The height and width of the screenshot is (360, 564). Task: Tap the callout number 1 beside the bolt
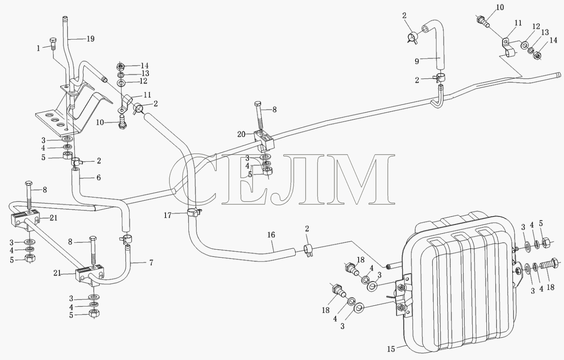[x=38, y=48]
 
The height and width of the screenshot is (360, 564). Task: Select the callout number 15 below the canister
[x=391, y=349]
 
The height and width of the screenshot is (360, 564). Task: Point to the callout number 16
[x=271, y=235]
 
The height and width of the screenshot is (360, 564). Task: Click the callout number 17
[x=168, y=215]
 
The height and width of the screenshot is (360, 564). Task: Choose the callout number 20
[x=241, y=134]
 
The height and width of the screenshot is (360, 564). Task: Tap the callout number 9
[x=417, y=61]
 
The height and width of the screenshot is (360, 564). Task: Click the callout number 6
[x=98, y=177]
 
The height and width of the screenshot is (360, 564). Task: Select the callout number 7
[x=151, y=263]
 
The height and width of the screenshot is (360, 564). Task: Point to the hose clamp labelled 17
[x=194, y=213]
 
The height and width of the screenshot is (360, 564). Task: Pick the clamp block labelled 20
[x=264, y=141]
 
